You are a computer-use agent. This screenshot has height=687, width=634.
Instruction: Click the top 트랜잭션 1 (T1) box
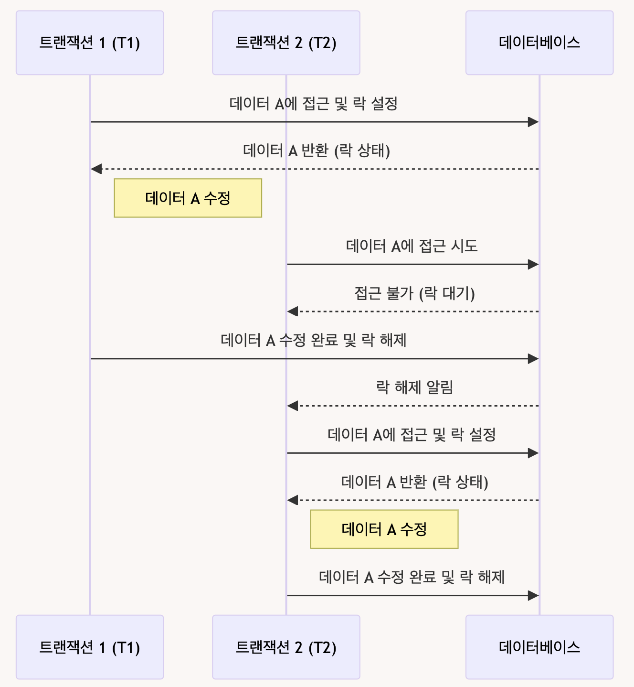pyautogui.click(x=90, y=43)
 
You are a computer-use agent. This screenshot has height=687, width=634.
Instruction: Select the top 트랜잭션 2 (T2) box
pyautogui.click(x=286, y=43)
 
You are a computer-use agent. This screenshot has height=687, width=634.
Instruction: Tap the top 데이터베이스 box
pyautogui.click(x=539, y=43)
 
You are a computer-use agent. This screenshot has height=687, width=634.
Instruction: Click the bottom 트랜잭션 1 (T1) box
pyautogui.click(x=90, y=647)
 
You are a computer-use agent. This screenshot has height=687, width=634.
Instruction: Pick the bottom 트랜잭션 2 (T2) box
pyautogui.click(x=286, y=647)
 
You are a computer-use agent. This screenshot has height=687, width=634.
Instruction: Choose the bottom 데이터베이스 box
pyautogui.click(x=539, y=647)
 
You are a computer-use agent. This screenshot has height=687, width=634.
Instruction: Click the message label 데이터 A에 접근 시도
pyautogui.click(x=412, y=246)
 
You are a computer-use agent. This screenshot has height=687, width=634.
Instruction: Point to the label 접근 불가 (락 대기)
pyautogui.click(x=414, y=293)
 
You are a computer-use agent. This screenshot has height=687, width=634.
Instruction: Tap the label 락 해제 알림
pyautogui.click(x=414, y=387)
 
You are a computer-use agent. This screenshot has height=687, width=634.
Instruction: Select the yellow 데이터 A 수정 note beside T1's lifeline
pyautogui.click(x=188, y=198)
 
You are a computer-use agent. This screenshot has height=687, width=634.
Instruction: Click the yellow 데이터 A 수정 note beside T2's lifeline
pyautogui.click(x=384, y=529)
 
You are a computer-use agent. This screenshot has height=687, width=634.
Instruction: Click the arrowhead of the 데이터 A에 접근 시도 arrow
pyautogui.click(x=533, y=264)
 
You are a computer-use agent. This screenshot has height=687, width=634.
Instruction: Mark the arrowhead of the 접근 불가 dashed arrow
pyautogui.click(x=293, y=311)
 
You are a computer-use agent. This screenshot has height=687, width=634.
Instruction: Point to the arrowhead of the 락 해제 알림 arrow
pyautogui.click(x=293, y=406)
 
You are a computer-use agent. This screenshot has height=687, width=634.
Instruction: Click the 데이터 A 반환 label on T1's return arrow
pyautogui.click(x=317, y=151)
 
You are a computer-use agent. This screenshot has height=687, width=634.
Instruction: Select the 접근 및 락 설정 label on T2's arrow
pyautogui.click(x=412, y=435)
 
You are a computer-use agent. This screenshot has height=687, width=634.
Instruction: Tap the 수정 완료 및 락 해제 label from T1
pyautogui.click(x=314, y=340)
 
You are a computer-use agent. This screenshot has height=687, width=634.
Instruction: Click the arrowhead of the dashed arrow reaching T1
pyautogui.click(x=96, y=169)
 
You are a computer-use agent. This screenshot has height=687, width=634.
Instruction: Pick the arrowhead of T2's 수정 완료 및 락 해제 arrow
pyautogui.click(x=533, y=595)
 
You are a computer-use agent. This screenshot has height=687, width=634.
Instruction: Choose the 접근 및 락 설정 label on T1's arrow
pyautogui.click(x=314, y=104)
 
